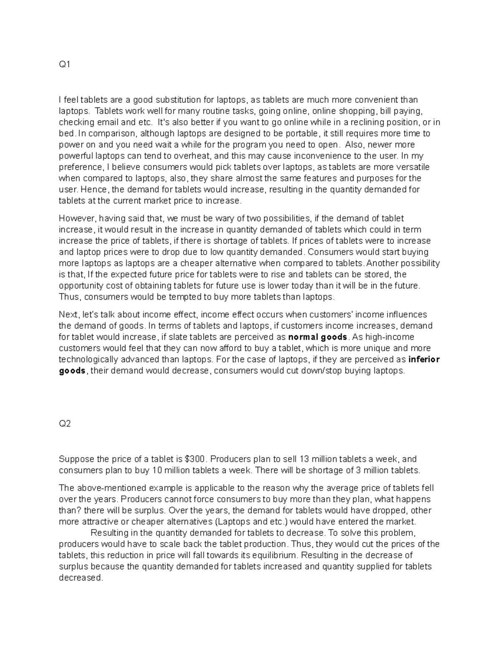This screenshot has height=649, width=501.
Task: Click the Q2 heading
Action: point(65,424)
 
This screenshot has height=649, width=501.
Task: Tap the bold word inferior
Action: point(424,359)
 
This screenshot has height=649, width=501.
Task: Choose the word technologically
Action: point(88,359)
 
